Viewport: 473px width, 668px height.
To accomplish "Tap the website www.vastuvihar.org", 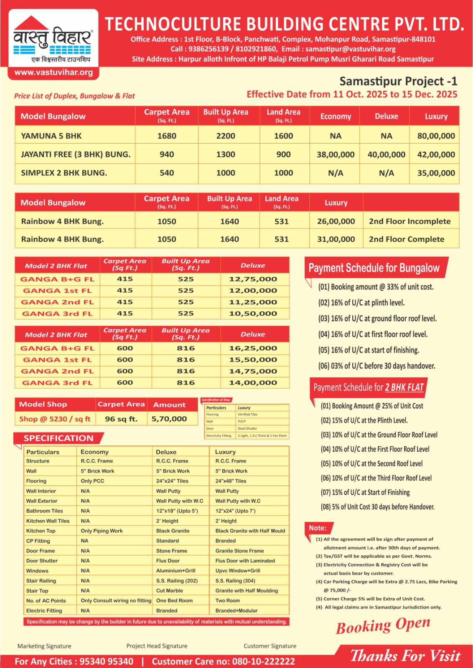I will click(x=53, y=72).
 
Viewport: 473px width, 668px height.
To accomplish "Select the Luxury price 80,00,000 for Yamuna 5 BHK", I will click(x=436, y=136).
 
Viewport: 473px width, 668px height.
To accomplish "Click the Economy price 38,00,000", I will click(x=336, y=154).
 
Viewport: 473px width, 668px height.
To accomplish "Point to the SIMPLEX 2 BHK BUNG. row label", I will click(x=64, y=173).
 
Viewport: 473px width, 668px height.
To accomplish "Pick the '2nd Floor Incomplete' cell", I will click(x=409, y=221).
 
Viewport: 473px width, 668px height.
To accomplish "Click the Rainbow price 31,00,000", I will click(x=336, y=239).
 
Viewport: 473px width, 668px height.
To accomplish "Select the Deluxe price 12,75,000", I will click(x=253, y=279).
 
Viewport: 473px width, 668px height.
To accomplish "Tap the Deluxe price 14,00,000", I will click(x=253, y=382).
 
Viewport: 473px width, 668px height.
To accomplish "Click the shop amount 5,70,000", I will click(x=169, y=419).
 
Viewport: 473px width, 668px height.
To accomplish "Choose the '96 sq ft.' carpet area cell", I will click(x=121, y=419).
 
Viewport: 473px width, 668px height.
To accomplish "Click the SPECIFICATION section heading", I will click(x=58, y=438).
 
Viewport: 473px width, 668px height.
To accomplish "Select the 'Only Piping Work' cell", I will click(x=102, y=531).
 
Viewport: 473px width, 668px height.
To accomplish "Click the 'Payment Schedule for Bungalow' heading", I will click(x=374, y=268).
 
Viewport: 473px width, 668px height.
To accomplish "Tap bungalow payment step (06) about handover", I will click(x=376, y=366).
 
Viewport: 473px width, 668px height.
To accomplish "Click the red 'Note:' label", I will click(x=318, y=528).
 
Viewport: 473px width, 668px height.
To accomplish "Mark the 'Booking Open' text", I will click(x=383, y=625).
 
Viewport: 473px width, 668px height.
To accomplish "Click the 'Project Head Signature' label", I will click(x=157, y=646).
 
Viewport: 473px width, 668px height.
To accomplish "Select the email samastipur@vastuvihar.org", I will click(x=350, y=49).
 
